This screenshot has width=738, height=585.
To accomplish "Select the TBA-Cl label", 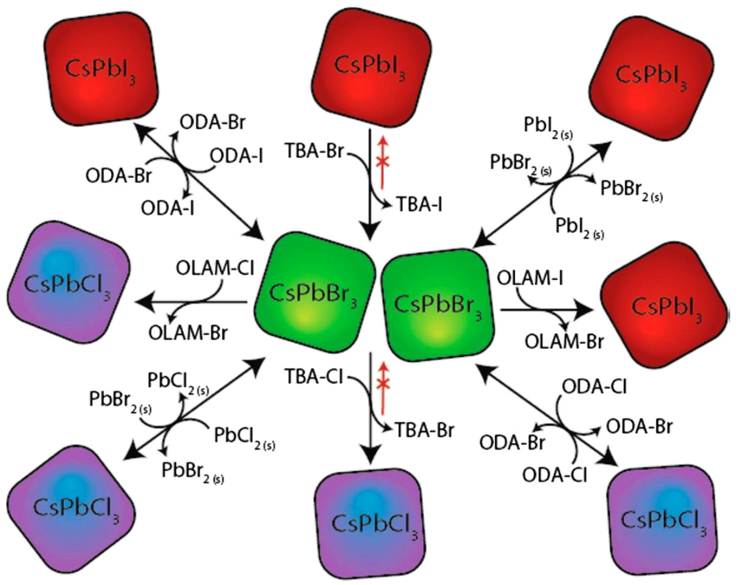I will click(x=313, y=377).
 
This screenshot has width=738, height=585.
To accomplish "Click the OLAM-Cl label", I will click(x=215, y=268).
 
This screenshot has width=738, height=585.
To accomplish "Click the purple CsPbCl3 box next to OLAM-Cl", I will click(x=68, y=283).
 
